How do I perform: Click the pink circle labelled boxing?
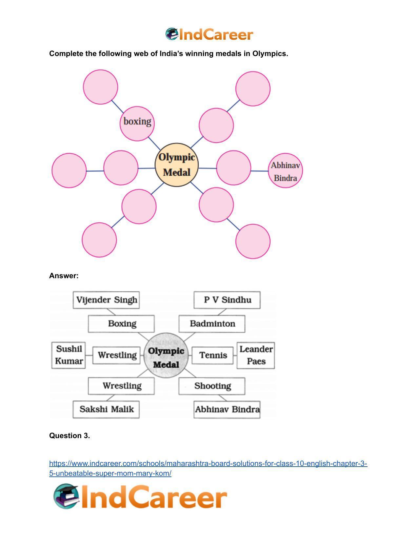(137, 124)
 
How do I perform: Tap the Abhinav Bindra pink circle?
(285, 170)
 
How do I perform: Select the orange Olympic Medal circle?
(177, 165)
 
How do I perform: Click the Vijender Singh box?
(106, 300)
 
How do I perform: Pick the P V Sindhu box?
(227, 300)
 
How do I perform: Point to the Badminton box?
(212, 324)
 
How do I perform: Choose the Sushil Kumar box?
(69, 355)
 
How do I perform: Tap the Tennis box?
(213, 355)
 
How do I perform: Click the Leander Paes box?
(256, 355)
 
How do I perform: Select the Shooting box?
(212, 386)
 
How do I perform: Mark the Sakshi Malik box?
(106, 409)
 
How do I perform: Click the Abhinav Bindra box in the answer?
(227, 409)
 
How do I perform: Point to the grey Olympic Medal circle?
(166, 355)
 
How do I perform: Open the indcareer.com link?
(208, 468)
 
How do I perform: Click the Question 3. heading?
(70, 435)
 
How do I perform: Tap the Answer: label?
(64, 276)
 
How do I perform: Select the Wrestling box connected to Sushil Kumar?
(117, 355)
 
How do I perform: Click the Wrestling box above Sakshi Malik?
(121, 386)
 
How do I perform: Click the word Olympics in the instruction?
(270, 54)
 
